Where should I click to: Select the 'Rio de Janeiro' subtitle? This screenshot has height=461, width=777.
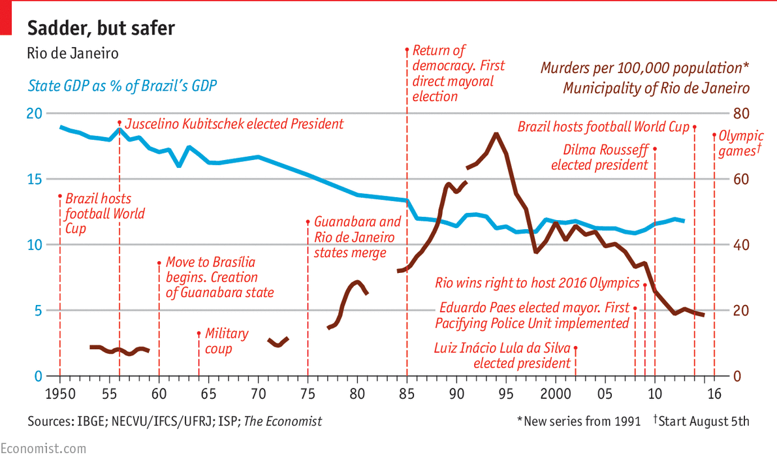click(x=72, y=54)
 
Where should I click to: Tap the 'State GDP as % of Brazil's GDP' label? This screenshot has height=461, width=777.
click(x=122, y=86)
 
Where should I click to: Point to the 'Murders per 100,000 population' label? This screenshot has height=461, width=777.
click(x=644, y=68)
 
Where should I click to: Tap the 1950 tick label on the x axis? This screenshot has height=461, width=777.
click(x=60, y=394)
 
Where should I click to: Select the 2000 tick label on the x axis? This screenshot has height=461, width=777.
click(x=555, y=394)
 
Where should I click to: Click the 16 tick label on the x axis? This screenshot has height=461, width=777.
click(x=714, y=394)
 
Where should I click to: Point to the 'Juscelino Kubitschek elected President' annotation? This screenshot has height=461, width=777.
click(x=234, y=123)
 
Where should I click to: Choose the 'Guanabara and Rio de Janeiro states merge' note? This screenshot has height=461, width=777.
click(x=357, y=237)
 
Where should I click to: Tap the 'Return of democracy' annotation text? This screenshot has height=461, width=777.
click(x=458, y=73)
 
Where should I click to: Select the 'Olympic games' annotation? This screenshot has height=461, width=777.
click(x=740, y=144)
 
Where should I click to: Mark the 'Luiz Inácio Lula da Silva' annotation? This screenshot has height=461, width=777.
click(x=502, y=355)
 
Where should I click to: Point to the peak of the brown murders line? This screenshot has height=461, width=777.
click(x=496, y=134)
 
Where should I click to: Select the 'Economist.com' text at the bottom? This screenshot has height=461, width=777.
click(x=43, y=449)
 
